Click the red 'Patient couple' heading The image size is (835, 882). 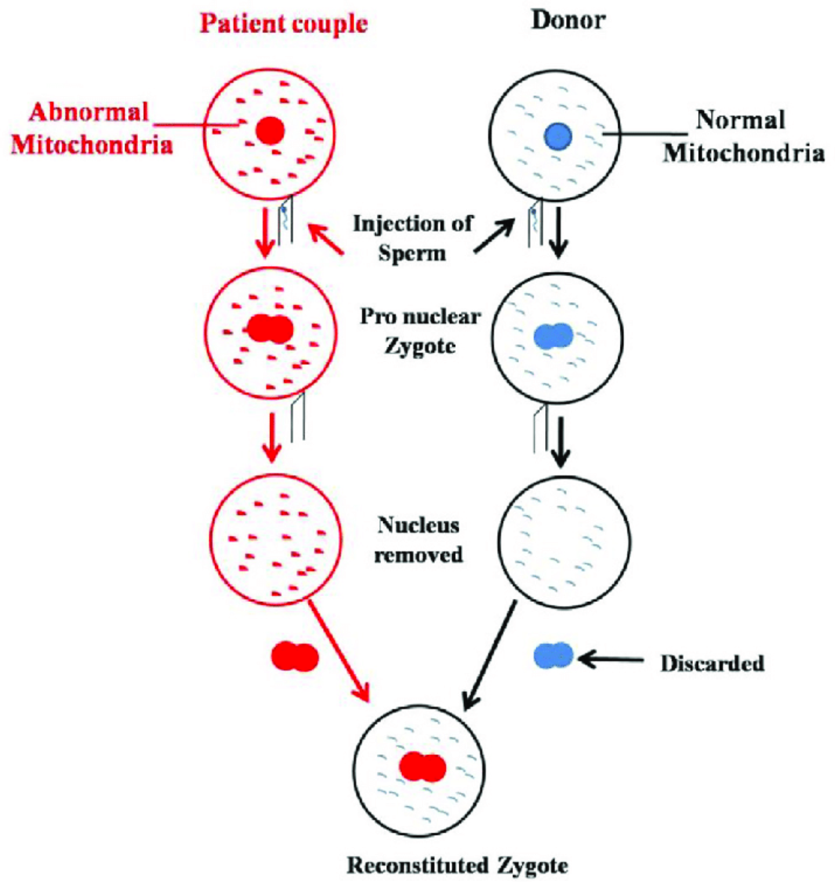point(284,24)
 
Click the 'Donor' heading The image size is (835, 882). point(568,20)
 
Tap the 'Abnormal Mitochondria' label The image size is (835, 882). point(91,128)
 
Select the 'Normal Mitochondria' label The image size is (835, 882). point(743,136)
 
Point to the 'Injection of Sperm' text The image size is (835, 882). point(412,238)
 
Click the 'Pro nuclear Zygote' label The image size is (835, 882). point(420,331)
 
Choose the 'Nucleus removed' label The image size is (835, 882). point(418,539)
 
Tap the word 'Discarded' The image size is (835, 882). point(712,663)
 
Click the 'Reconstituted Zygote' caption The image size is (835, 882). point(457,865)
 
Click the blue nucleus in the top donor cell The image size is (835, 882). point(558,137)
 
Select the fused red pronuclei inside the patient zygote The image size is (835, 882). point(270,329)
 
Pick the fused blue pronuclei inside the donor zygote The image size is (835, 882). point(553,336)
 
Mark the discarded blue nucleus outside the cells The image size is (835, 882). point(553,656)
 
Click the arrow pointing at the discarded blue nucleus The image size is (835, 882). point(612,659)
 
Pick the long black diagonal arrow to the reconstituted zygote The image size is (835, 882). point(490,655)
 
